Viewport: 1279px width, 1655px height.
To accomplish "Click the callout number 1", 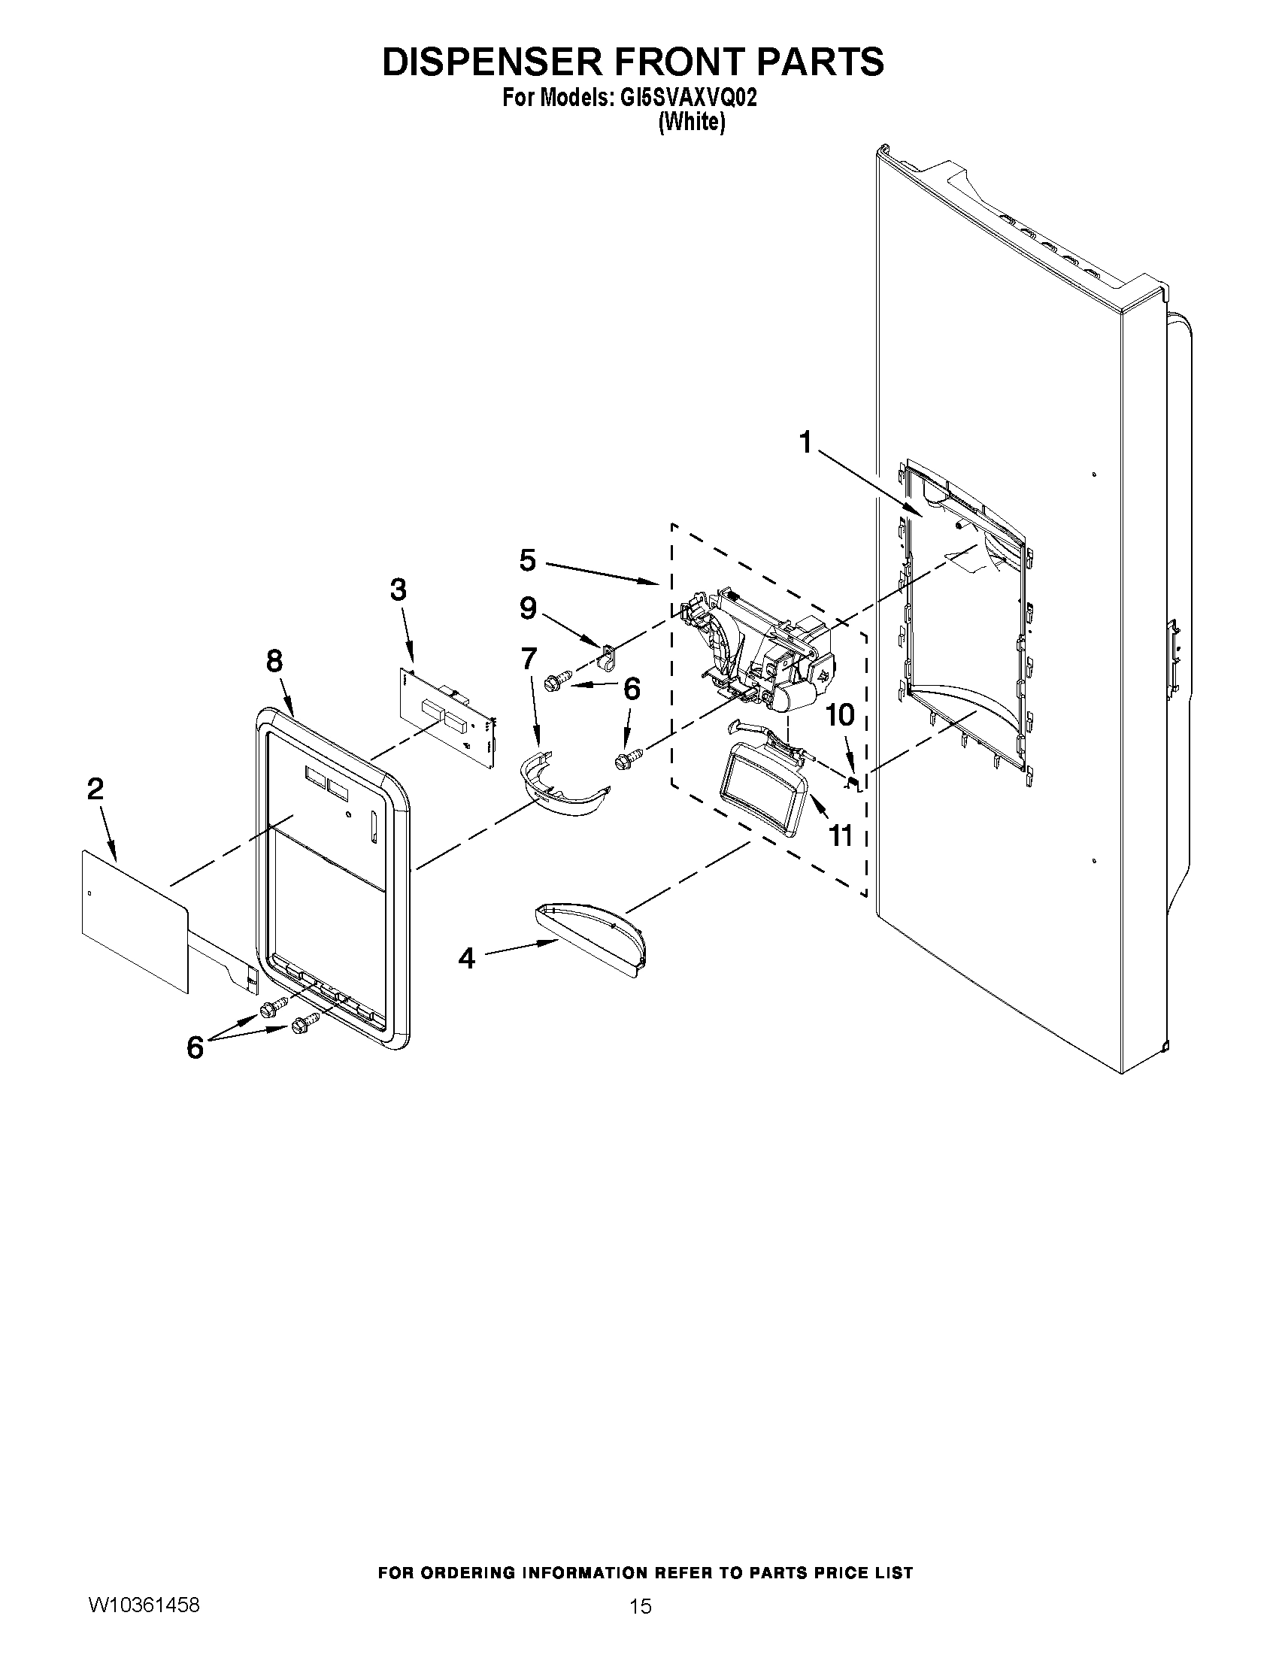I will point(805,442).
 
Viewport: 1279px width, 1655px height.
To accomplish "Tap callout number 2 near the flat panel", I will point(95,790).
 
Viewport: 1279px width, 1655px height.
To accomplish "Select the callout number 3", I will point(398,590).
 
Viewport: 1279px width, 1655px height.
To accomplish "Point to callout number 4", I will point(467,959).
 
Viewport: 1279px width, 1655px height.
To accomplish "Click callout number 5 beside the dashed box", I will point(527,561).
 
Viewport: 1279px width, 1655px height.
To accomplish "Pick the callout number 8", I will point(274,662).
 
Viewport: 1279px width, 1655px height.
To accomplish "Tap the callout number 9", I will point(528,608).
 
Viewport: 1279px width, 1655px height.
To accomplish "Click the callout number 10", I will point(840,714).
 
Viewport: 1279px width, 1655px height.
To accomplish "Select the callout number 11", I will point(841,835).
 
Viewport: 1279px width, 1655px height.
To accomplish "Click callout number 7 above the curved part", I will point(528,659).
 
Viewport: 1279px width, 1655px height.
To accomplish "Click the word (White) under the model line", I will point(691,122).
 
